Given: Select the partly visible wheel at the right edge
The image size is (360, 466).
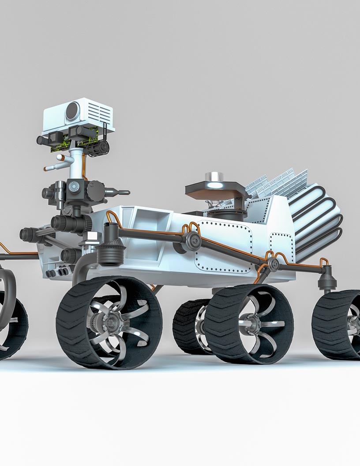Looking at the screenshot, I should point(340,324).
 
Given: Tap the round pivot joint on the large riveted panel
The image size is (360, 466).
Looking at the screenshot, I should point(193,240).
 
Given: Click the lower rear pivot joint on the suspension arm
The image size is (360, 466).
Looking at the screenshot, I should point(274,264).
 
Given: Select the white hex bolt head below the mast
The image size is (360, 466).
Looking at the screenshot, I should point(92,237).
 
